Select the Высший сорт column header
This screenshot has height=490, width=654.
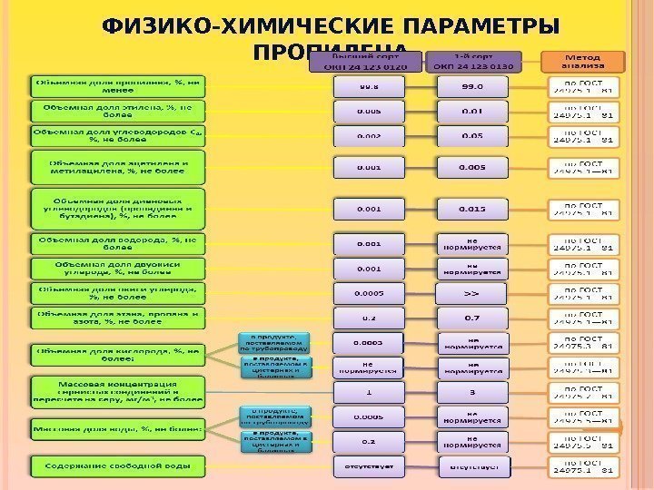(368, 62)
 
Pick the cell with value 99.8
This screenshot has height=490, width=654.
(369, 86)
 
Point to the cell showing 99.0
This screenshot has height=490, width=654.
(472, 86)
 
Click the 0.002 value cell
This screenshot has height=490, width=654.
(369, 135)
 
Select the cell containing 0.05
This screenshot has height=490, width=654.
(472, 135)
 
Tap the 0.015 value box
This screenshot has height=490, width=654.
(472, 209)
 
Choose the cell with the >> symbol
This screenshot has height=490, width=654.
(472, 293)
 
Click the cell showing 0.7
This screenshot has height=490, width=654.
(472, 318)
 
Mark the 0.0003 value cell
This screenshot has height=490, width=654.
(369, 342)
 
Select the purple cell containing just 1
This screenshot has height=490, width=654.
(369, 392)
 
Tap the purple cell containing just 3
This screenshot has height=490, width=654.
(472, 392)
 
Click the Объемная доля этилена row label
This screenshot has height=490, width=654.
(118, 111)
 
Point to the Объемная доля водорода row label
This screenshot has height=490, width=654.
(118, 243)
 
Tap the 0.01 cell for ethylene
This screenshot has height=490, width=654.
(472, 111)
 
